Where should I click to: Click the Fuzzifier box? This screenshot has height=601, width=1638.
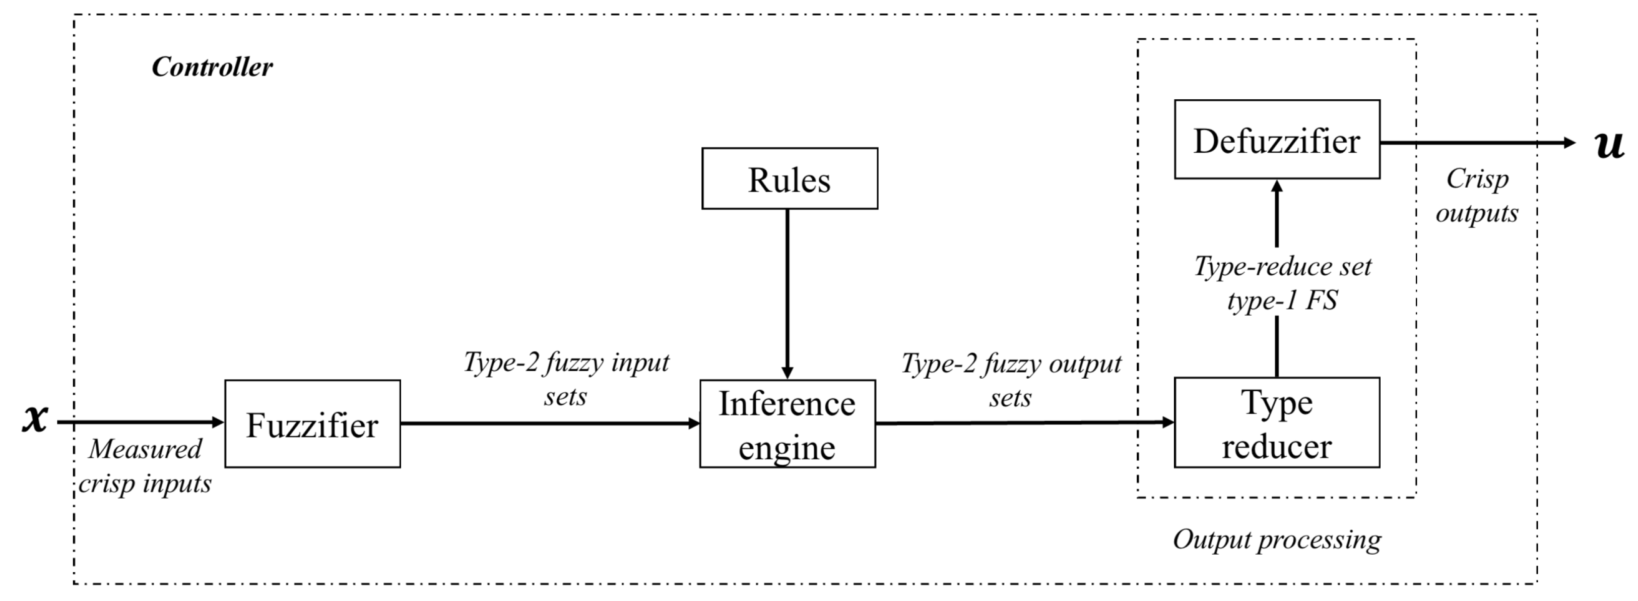click(x=312, y=424)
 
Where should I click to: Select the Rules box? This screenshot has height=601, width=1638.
click(x=789, y=178)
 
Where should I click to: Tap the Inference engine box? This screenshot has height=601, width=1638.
click(x=787, y=424)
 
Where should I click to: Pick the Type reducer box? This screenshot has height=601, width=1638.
click(x=1276, y=423)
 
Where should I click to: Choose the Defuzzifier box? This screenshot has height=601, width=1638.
click(x=1276, y=139)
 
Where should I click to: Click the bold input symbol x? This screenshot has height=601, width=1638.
click(x=35, y=418)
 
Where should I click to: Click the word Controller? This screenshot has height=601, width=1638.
click(x=212, y=67)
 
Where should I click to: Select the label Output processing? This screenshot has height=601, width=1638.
click(x=1276, y=539)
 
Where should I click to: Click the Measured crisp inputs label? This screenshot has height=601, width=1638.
click(x=145, y=466)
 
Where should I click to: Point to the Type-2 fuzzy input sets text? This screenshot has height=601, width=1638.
click(x=566, y=379)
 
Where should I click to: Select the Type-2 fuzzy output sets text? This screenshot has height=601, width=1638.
click(x=1011, y=380)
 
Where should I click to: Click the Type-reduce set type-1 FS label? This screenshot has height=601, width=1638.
click(x=1283, y=283)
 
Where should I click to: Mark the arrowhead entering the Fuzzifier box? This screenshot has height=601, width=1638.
click(x=218, y=422)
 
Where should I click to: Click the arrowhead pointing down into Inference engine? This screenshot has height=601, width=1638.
click(x=787, y=373)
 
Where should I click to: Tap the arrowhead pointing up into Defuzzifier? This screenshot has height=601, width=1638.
click(x=1277, y=187)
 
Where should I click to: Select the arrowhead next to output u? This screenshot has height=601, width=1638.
click(x=1569, y=143)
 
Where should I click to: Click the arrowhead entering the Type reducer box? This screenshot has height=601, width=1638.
click(x=1167, y=422)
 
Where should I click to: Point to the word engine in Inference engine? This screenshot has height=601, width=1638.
click(x=787, y=448)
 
